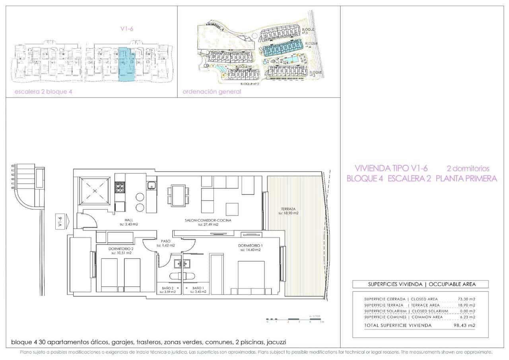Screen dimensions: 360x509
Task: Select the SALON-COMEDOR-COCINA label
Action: pos(208,220)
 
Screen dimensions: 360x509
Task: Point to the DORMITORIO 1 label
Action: pos(250,245)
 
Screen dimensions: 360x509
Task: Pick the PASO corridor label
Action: pos(165,241)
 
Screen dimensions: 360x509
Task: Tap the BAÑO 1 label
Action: pos(198,288)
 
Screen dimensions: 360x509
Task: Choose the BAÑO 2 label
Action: pos(167,288)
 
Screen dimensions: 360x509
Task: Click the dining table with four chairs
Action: pos(176,195)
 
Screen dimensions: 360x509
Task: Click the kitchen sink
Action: pos(151,185)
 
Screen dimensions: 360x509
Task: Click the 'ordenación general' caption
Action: pos(212,91)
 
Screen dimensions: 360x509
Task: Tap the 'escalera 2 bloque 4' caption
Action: pos(43,91)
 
